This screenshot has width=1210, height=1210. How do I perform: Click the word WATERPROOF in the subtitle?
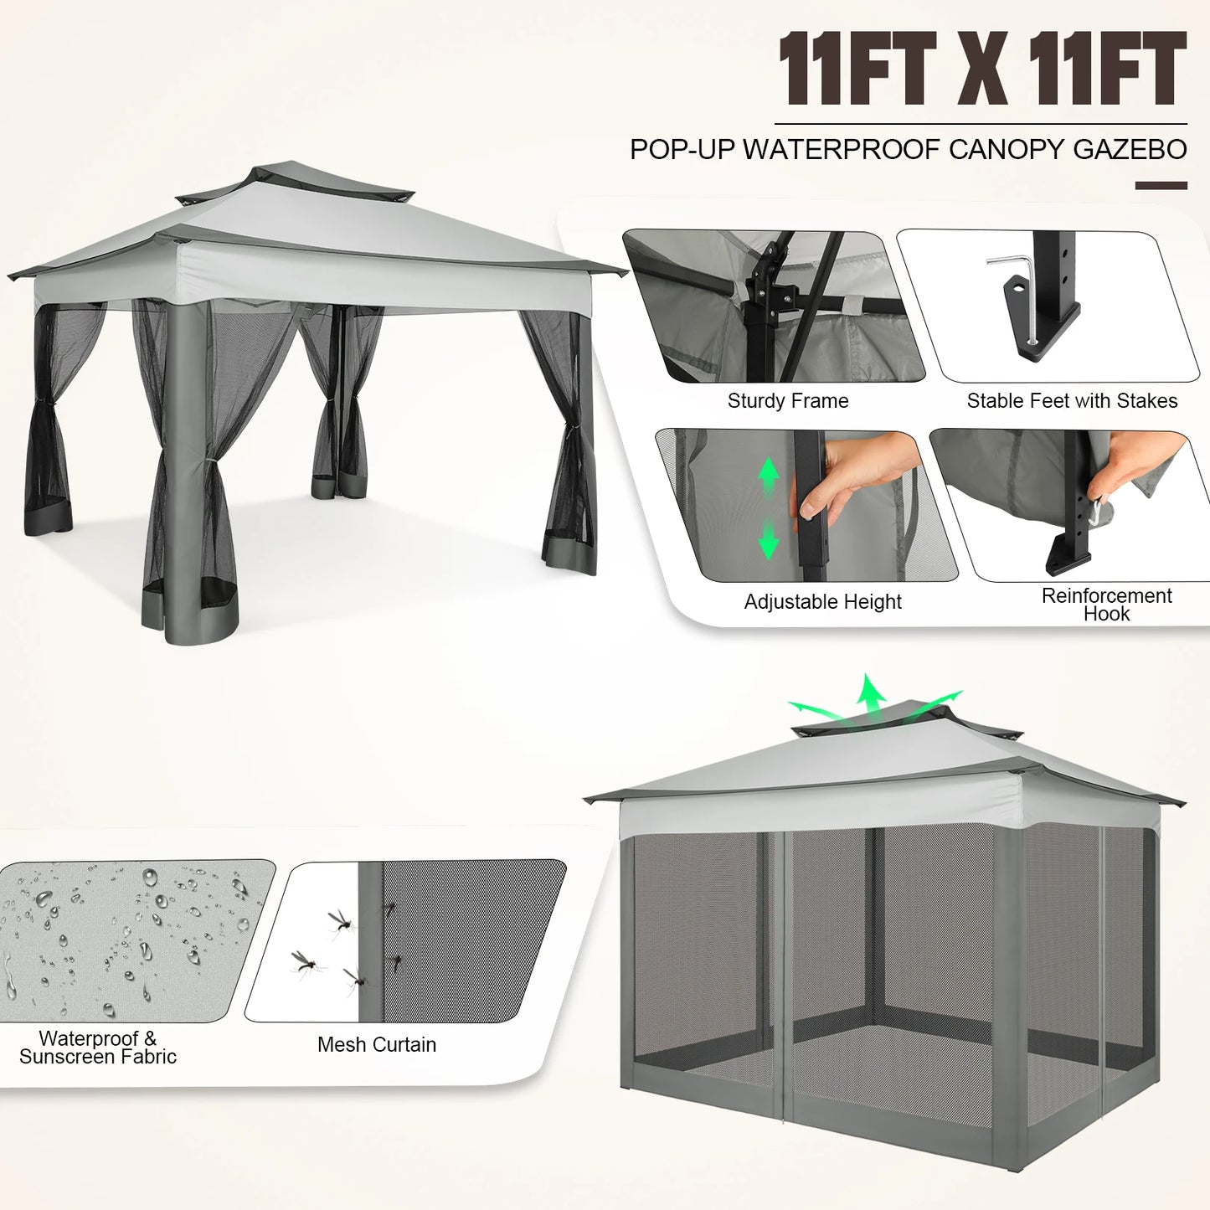click(842, 150)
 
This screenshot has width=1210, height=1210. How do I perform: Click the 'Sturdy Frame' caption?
click(788, 401)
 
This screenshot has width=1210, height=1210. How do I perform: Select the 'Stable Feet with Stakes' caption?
click(1072, 401)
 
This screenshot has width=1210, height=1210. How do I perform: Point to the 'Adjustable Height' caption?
click(822, 602)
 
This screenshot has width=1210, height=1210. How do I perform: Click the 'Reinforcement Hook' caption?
click(1106, 605)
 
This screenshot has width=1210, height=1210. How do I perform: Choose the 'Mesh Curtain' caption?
click(377, 1045)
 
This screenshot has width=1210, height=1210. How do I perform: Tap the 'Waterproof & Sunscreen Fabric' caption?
click(98, 1048)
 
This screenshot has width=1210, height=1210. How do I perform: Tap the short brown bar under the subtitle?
click(1161, 185)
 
